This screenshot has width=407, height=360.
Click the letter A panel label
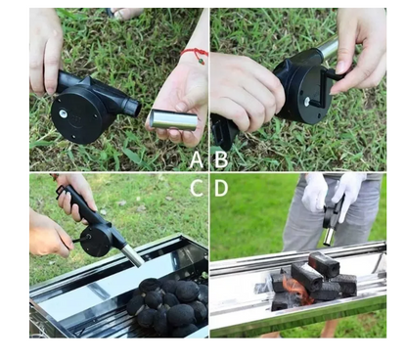(196, 157)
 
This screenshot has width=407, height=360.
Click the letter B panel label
(220, 157)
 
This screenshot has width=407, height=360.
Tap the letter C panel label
(196, 188)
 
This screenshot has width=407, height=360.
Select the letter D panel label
(221, 188)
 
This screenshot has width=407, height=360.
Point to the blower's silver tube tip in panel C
(133, 257)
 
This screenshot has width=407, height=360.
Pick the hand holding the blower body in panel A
(45, 49)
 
